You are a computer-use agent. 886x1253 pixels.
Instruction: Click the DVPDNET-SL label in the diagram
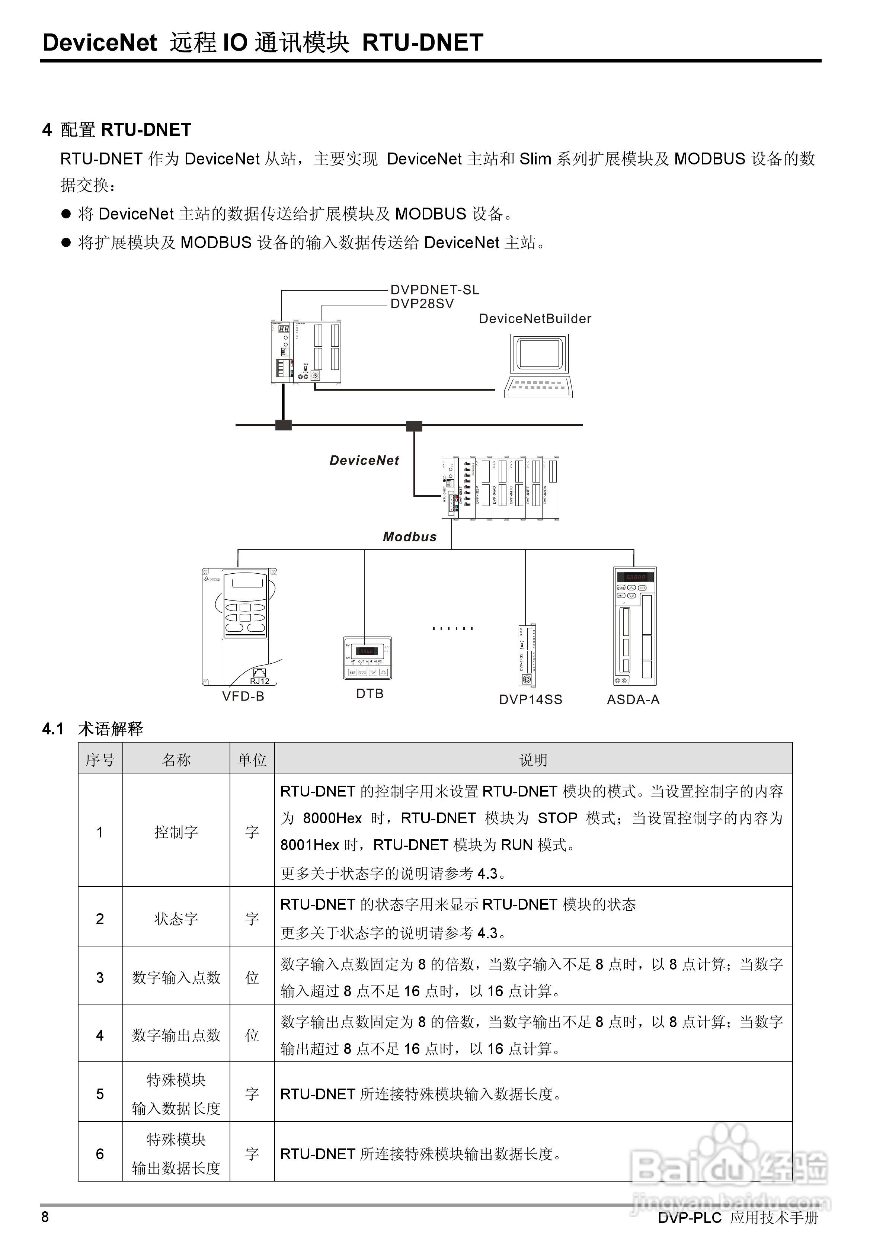tap(435, 290)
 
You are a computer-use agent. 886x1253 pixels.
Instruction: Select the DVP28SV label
tap(422, 304)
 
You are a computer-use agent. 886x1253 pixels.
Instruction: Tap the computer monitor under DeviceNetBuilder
tap(539, 354)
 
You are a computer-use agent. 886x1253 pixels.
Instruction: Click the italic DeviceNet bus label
tap(364, 461)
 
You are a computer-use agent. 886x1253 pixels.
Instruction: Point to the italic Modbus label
tap(409, 537)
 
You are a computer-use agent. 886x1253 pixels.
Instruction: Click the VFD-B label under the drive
tap(243, 696)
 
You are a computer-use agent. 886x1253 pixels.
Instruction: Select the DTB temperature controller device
tap(367, 658)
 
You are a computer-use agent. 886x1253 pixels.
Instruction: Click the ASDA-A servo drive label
tap(633, 700)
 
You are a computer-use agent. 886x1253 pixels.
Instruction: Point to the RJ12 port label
tap(259, 681)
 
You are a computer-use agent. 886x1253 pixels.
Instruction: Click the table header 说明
tap(533, 760)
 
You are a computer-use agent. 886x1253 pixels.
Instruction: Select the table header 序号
tap(100, 760)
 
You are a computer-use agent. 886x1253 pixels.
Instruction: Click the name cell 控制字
tap(176, 832)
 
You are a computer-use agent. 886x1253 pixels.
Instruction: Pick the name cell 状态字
tap(176, 919)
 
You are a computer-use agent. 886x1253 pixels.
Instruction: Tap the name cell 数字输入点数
tap(176, 977)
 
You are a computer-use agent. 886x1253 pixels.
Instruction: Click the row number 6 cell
tap(100, 1154)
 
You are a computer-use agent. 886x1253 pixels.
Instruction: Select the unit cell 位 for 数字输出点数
tap(252, 1035)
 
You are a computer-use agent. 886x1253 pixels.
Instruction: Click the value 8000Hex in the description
tap(332, 818)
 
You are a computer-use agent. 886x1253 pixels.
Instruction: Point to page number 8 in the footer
tap(45, 1217)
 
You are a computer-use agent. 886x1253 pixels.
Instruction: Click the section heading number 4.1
tap(53, 729)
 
